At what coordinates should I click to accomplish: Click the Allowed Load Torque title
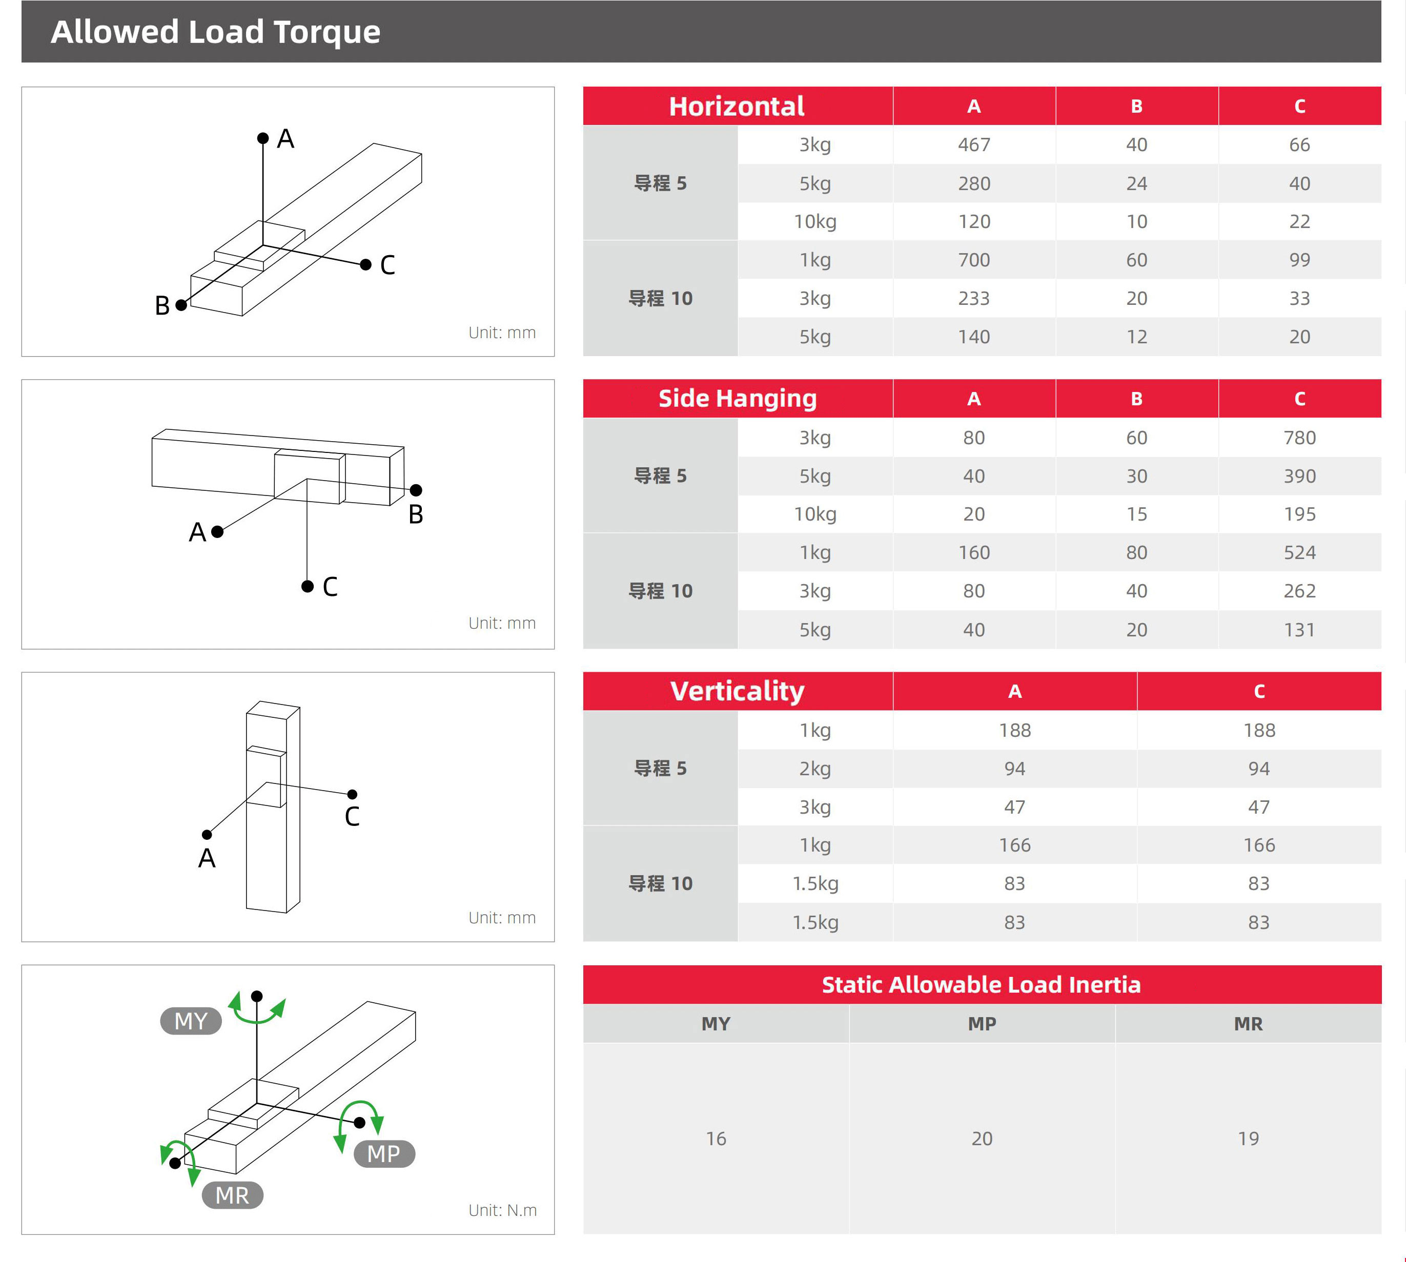[215, 32]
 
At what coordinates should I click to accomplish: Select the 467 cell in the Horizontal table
[974, 145]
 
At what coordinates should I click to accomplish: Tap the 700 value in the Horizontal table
[974, 260]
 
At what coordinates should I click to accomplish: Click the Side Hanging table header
[737, 399]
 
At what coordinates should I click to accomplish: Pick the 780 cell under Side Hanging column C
[1299, 438]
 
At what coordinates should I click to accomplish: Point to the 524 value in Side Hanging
[1299, 553]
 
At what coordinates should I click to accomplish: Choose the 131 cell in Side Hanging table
[1299, 630]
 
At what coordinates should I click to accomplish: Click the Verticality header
[737, 691]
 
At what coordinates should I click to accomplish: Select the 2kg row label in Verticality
[815, 768]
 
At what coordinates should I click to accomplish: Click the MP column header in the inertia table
[982, 1023]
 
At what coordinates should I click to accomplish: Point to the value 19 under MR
[1248, 1139]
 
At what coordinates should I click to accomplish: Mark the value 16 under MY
[716, 1139]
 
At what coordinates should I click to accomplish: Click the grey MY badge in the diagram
[191, 1021]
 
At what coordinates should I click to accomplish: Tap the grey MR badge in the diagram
[232, 1195]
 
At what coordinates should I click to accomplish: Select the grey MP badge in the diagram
[383, 1154]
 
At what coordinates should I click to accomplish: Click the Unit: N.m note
[502, 1210]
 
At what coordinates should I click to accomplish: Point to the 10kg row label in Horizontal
[815, 222]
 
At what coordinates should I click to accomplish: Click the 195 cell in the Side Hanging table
[1299, 514]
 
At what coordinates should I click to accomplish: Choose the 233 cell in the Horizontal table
[974, 298]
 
